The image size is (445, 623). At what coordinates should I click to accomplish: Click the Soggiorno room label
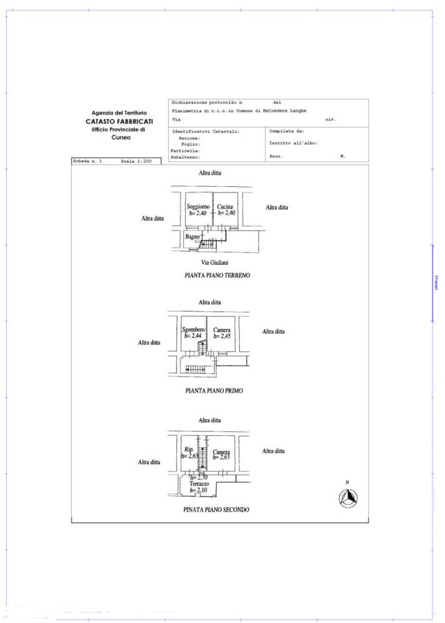pyautogui.click(x=197, y=207)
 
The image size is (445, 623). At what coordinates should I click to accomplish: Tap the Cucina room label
pyautogui.click(x=225, y=207)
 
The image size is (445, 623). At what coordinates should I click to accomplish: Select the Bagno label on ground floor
pyautogui.click(x=192, y=237)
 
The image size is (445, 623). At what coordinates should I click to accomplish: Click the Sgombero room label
pyautogui.click(x=193, y=330)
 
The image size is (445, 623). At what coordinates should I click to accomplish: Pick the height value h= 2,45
pyautogui.click(x=222, y=336)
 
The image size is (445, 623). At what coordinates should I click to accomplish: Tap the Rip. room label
pyautogui.click(x=189, y=450)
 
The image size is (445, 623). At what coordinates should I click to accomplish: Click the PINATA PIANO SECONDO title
pyautogui.click(x=216, y=509)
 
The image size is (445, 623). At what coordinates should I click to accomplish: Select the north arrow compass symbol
pyautogui.click(x=348, y=498)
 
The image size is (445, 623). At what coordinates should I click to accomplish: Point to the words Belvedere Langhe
pyautogui.click(x=280, y=110)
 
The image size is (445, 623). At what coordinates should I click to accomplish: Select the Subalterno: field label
pyautogui.click(x=186, y=157)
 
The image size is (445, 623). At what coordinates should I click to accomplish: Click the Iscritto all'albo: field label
pyautogui.click(x=293, y=143)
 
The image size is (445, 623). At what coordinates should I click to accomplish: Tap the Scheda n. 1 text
pyautogui.click(x=89, y=161)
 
